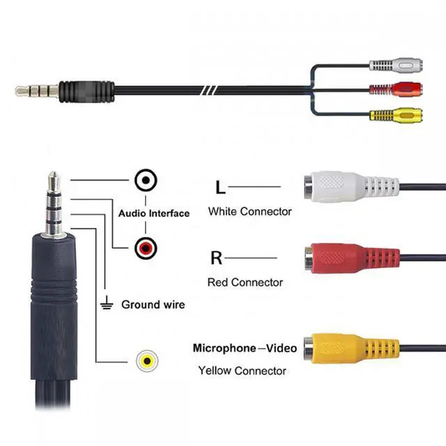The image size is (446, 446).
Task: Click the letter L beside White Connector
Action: click(220, 187)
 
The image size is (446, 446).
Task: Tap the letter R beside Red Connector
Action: click(216, 259)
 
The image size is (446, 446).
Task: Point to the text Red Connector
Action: click(245, 282)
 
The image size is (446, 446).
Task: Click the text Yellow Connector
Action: click(242, 370)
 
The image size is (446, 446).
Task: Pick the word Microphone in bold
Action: click(224, 348)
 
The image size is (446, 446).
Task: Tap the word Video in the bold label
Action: click(282, 348)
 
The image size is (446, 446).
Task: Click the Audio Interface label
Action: click(153, 213)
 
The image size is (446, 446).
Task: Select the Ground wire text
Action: click(153, 305)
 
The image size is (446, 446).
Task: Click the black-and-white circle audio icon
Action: click(146, 181)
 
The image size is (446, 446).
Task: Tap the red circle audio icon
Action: click(146, 246)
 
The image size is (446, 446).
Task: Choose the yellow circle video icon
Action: click(146, 361)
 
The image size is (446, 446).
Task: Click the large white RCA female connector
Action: click(348, 187)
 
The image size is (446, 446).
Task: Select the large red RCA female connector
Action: click(348, 258)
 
